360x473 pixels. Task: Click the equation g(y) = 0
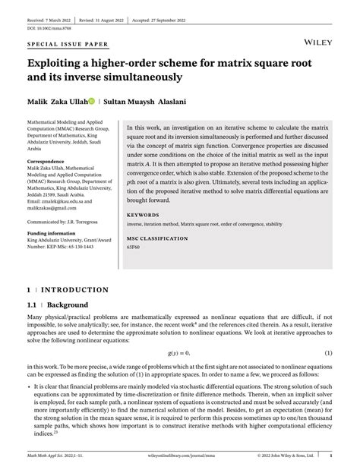click(178, 353)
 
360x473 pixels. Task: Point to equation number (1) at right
click(329, 353)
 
